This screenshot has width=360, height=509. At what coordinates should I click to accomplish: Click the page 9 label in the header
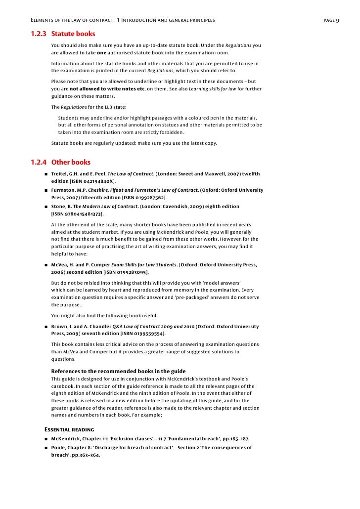330,20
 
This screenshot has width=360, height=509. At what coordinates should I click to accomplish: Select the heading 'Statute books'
73,34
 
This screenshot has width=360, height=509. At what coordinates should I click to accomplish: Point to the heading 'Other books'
71,162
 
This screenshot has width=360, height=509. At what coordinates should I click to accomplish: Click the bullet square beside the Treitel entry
45,174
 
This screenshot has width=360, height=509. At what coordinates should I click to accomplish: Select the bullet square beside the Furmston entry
45,190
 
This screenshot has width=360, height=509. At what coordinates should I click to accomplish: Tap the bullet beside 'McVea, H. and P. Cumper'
45,265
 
